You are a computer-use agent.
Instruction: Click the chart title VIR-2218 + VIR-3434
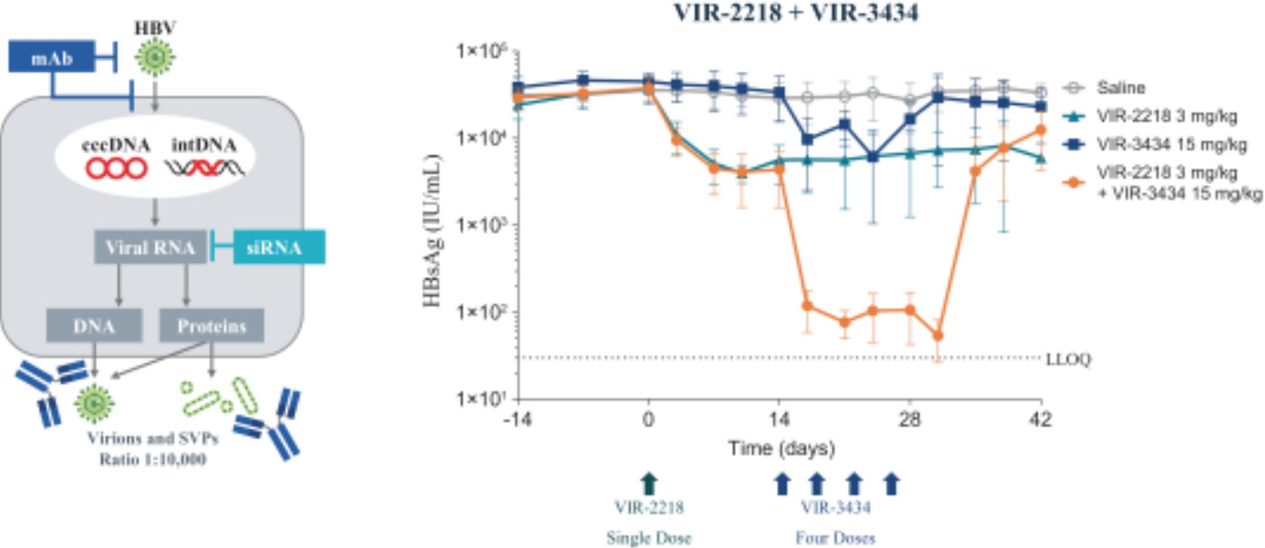(796, 13)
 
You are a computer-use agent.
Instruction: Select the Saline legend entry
(1120, 87)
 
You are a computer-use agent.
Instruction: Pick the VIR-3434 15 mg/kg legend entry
(1171, 144)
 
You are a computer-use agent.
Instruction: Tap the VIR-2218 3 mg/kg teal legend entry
(1166, 116)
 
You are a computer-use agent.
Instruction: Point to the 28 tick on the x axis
(910, 420)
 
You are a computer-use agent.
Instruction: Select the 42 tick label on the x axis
(1041, 420)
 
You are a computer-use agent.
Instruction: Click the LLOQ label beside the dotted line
(1068, 359)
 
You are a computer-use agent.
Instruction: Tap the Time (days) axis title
(781, 449)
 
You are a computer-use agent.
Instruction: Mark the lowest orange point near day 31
(938, 336)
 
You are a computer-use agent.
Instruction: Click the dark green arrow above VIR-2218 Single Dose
(649, 484)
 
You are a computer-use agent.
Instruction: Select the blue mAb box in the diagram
(52, 58)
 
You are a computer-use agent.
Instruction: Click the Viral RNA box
(150, 248)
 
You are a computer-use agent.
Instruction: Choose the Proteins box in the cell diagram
(211, 326)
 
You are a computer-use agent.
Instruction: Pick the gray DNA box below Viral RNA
(94, 326)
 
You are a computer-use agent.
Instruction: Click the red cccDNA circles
(116, 169)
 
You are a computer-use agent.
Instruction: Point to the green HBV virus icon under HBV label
(155, 58)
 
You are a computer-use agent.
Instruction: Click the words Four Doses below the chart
(835, 537)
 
